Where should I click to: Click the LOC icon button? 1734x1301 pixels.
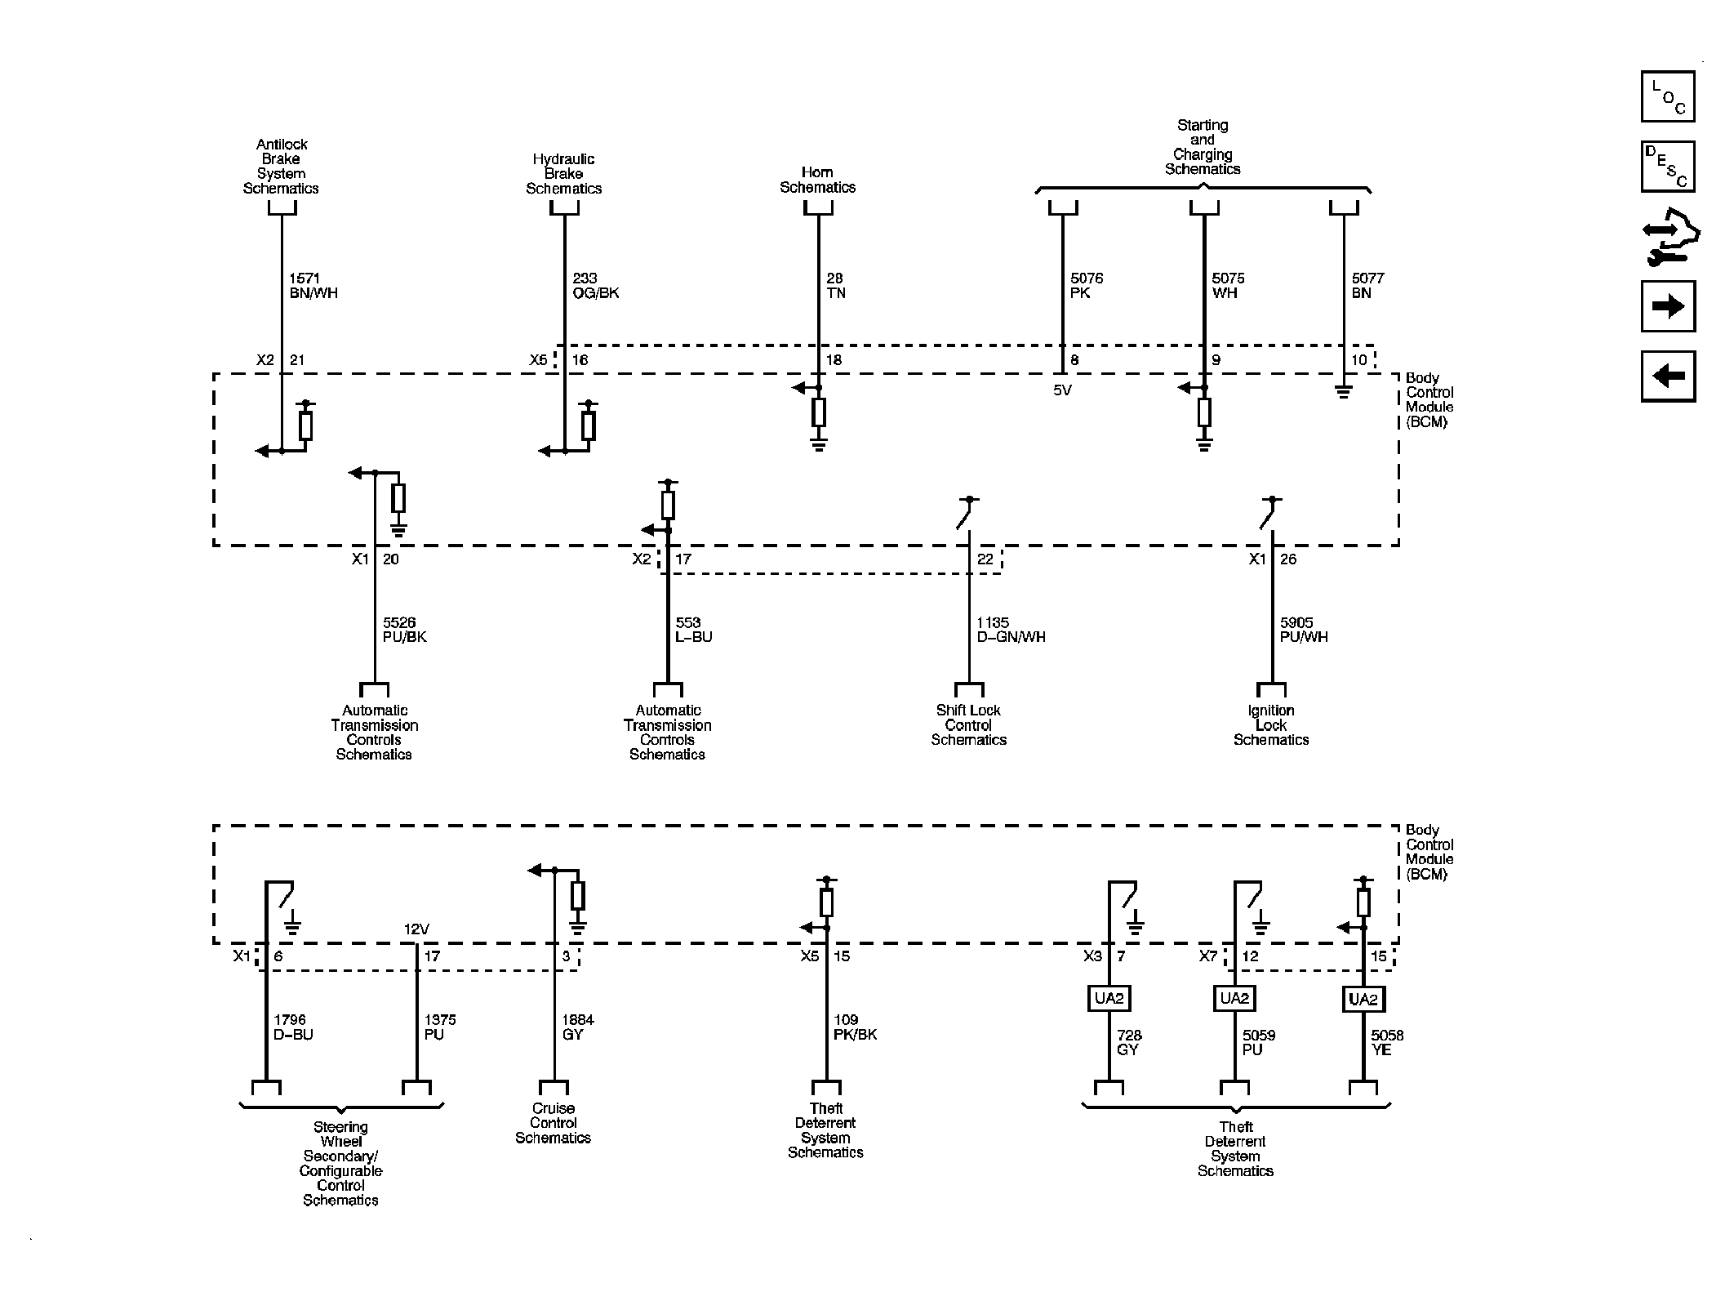click(x=1667, y=96)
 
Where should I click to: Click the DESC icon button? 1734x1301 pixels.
click(x=1667, y=167)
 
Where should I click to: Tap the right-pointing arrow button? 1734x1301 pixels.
click(x=1667, y=306)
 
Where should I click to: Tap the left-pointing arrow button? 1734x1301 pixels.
click(x=1667, y=376)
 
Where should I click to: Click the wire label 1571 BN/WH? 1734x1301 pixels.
click(x=313, y=286)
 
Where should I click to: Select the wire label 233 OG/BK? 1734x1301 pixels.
click(x=595, y=286)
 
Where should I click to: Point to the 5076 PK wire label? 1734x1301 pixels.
click(x=1086, y=286)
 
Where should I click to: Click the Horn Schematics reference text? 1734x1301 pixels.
click(x=817, y=180)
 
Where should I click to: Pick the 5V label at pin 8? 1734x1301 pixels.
click(x=1061, y=390)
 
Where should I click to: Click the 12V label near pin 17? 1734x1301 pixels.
click(x=416, y=929)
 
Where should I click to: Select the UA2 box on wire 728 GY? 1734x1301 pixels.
click(x=1109, y=999)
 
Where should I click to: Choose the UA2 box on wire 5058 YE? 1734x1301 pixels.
click(x=1363, y=999)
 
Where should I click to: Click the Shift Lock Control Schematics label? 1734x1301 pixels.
click(x=968, y=725)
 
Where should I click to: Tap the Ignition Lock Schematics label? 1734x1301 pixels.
click(x=1270, y=725)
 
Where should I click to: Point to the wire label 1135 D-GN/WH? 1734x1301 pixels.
click(x=1011, y=630)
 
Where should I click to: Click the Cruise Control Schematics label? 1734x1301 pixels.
click(x=553, y=1123)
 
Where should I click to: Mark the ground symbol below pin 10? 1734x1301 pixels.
click(x=1343, y=392)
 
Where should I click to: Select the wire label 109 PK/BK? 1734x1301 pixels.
click(x=855, y=1027)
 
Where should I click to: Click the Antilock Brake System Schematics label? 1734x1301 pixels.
click(x=281, y=167)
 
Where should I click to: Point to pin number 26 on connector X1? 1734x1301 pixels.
click(x=1288, y=559)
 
